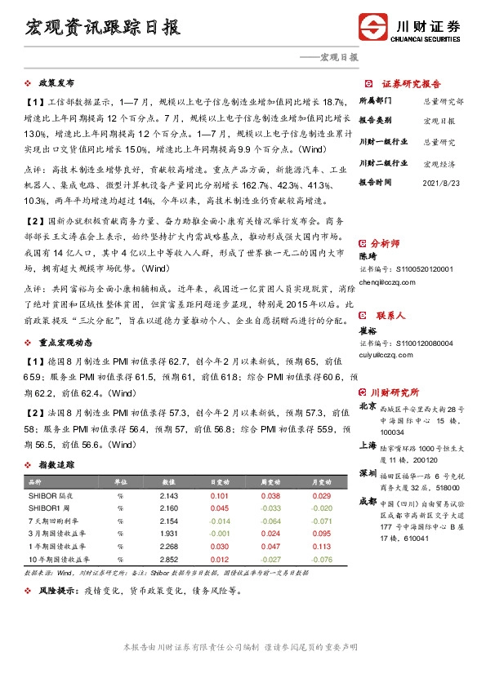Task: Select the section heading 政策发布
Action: tap(56, 83)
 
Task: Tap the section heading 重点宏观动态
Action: tap(65, 343)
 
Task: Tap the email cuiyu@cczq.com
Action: tap(388, 354)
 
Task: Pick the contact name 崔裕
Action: tap(368, 331)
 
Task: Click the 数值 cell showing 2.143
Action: tap(169, 496)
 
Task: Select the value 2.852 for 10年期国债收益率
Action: tap(169, 559)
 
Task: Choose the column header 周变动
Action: tap(270, 483)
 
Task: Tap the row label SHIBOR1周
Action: tap(51, 508)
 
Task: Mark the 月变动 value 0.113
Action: tap(322, 547)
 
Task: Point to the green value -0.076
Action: tap(322, 559)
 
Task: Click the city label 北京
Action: tap(368, 406)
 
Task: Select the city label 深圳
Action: tap(368, 473)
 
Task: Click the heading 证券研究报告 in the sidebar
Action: tap(412, 83)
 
